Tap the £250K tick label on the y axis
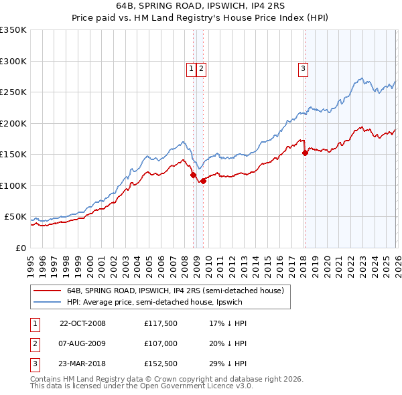coord(13,92)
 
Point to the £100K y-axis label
coord(13,185)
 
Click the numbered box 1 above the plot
coord(191,68)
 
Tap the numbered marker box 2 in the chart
coord(201,68)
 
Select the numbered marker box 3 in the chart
coord(303,68)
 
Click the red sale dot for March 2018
coord(305,153)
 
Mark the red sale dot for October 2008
coord(194,175)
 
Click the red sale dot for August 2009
coord(203,181)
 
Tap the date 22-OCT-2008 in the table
coord(82,323)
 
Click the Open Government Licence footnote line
coord(141,386)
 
